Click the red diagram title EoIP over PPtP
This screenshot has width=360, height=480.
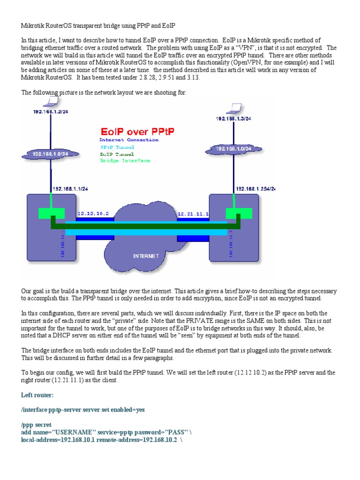coord(136,131)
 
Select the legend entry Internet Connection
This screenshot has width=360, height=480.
coord(129,140)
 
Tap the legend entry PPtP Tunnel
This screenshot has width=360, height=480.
coord(116,147)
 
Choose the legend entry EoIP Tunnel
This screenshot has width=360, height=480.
coord(117,154)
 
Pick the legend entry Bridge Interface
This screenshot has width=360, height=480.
coord(125,161)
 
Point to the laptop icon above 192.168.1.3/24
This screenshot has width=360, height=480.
coord(231,110)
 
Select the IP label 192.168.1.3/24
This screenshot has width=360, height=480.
coord(233,119)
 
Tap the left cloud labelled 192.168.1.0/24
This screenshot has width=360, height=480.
coord(51,153)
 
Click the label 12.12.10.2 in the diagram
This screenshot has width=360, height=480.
coord(93,213)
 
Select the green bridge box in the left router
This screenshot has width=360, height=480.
coord(51,214)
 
